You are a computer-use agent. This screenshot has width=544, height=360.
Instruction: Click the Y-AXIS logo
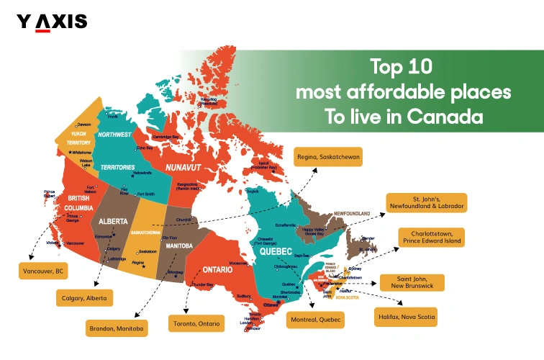(52, 22)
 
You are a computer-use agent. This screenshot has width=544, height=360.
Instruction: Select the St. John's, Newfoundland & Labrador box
(426, 202)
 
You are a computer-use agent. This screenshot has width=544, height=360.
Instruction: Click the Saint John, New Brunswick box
(411, 282)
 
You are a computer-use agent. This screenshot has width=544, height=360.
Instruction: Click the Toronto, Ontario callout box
(196, 323)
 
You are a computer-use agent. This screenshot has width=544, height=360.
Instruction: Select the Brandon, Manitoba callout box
(117, 328)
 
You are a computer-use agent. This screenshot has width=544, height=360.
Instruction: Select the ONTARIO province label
(217, 269)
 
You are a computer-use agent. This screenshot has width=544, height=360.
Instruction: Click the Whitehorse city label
(81, 153)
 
